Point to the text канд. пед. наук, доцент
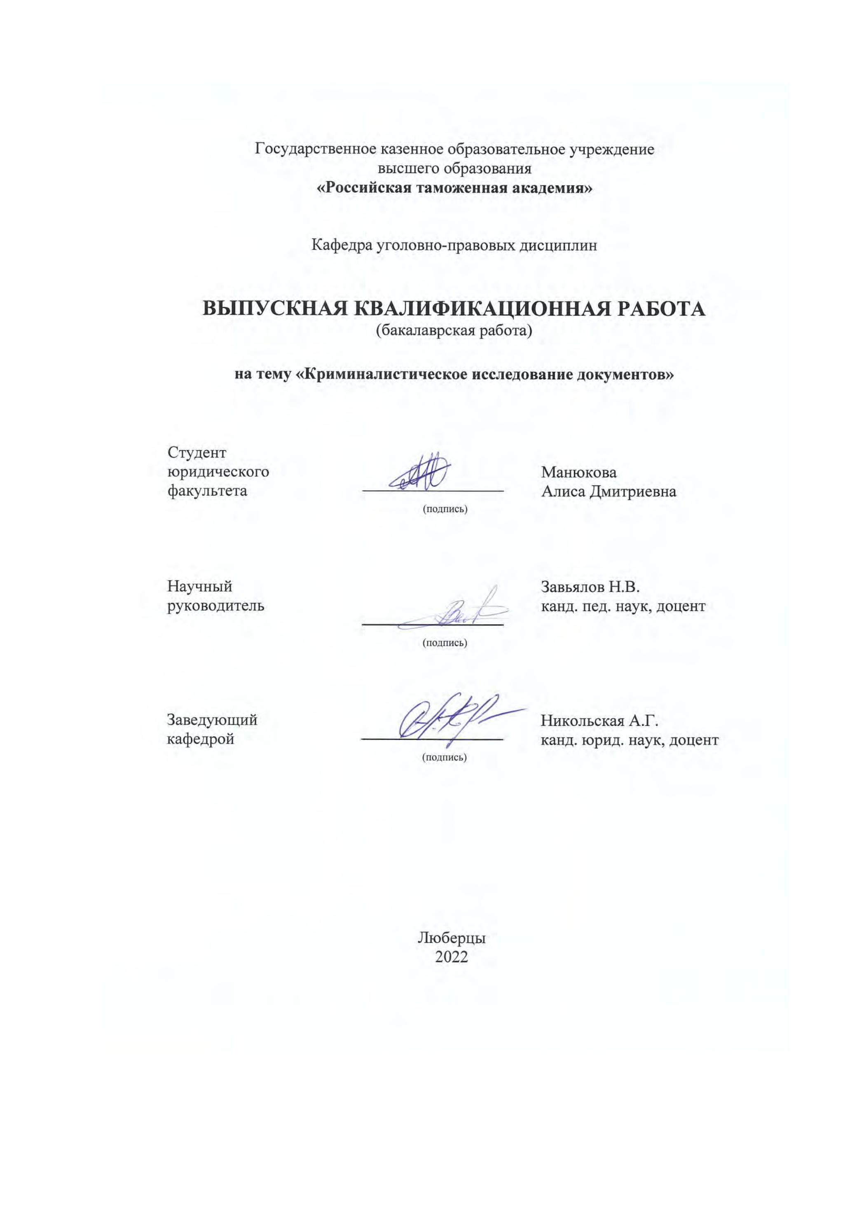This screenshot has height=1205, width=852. pos(623,607)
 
